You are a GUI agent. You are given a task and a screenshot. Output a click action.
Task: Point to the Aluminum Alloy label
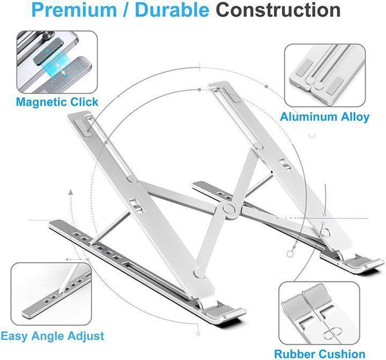(325, 117)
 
